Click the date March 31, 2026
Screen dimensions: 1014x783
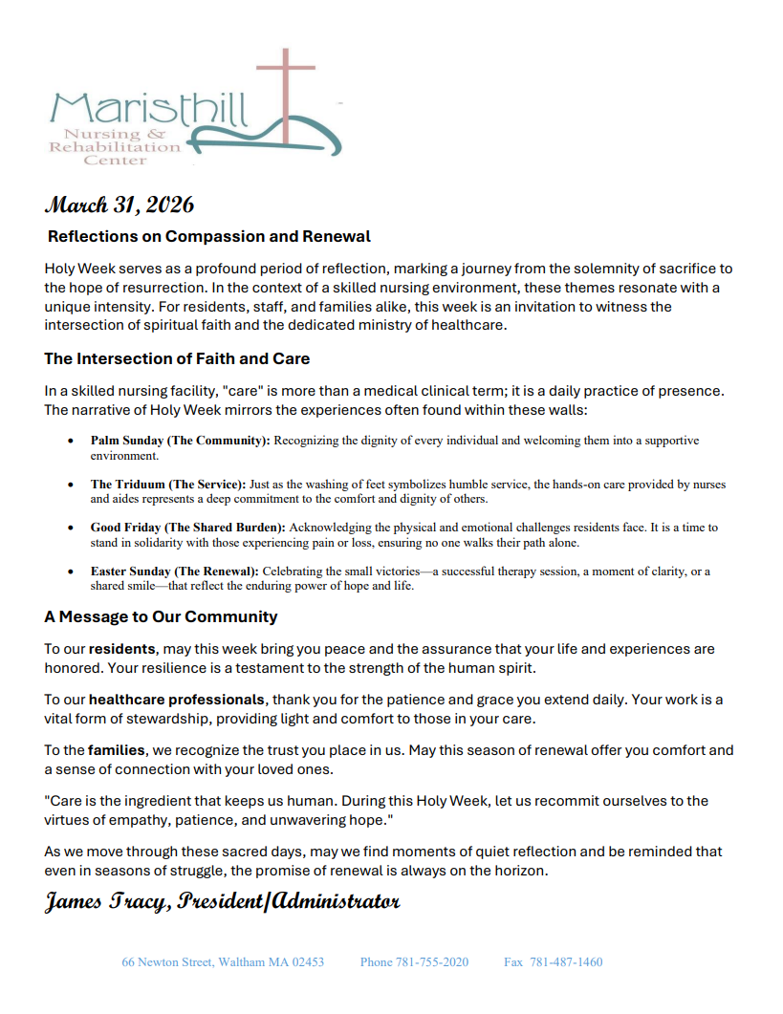click(120, 205)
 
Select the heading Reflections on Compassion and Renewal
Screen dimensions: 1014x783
click(209, 236)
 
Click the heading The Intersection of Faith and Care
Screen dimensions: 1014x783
click(177, 359)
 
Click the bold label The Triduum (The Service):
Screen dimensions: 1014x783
click(168, 485)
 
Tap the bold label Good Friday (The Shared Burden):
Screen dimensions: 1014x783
click(188, 528)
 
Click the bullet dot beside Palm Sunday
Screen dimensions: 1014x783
click(71, 442)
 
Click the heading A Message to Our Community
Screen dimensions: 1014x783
click(161, 616)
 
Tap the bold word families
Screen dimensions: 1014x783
click(115, 750)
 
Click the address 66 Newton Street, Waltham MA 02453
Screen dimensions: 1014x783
click(223, 962)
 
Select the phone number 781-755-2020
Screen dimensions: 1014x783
click(431, 962)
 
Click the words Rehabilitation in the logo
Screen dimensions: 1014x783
click(115, 147)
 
